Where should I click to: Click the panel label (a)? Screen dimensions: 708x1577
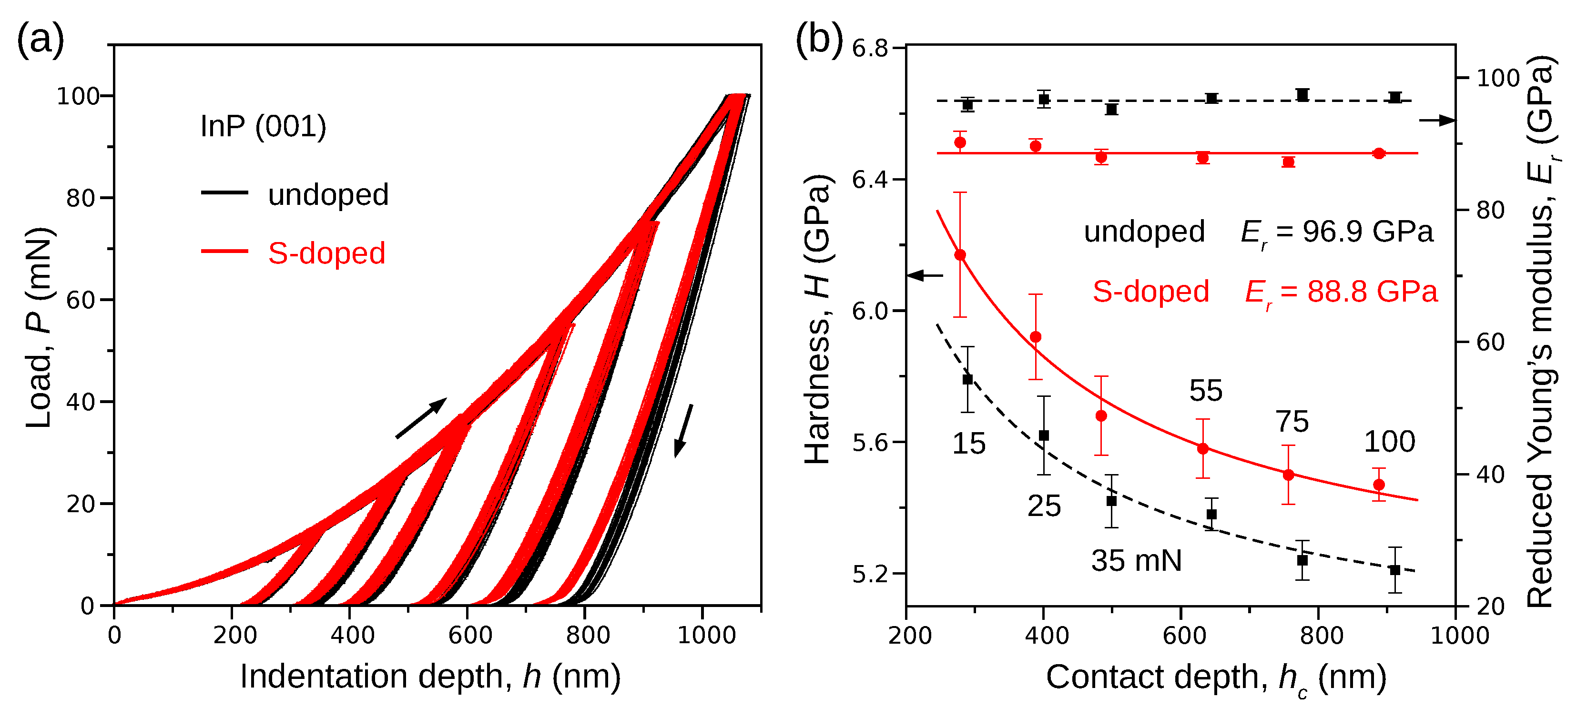tap(41, 40)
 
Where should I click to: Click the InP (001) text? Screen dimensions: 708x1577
tap(263, 126)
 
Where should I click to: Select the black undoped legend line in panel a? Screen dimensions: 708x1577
tap(224, 193)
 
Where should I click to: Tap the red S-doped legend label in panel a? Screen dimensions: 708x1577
tap(326, 253)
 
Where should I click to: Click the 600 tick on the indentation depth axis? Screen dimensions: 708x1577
tap(469, 635)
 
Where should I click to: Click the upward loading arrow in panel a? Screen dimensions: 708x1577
tap(421, 418)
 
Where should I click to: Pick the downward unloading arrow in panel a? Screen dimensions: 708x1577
tap(684, 430)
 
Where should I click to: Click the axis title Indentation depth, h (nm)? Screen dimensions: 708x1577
tap(430, 676)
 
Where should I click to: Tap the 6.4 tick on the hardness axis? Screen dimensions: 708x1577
tap(870, 179)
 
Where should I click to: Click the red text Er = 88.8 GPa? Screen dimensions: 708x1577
tap(1341, 292)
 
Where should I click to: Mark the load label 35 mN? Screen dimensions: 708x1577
tap(1136, 560)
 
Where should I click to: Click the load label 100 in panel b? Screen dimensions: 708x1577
tap(1389, 442)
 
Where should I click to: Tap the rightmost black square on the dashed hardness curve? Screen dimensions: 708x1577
tap(1395, 570)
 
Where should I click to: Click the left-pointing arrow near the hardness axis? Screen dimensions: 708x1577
tap(926, 275)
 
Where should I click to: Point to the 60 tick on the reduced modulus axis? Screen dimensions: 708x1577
tap(1489, 342)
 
